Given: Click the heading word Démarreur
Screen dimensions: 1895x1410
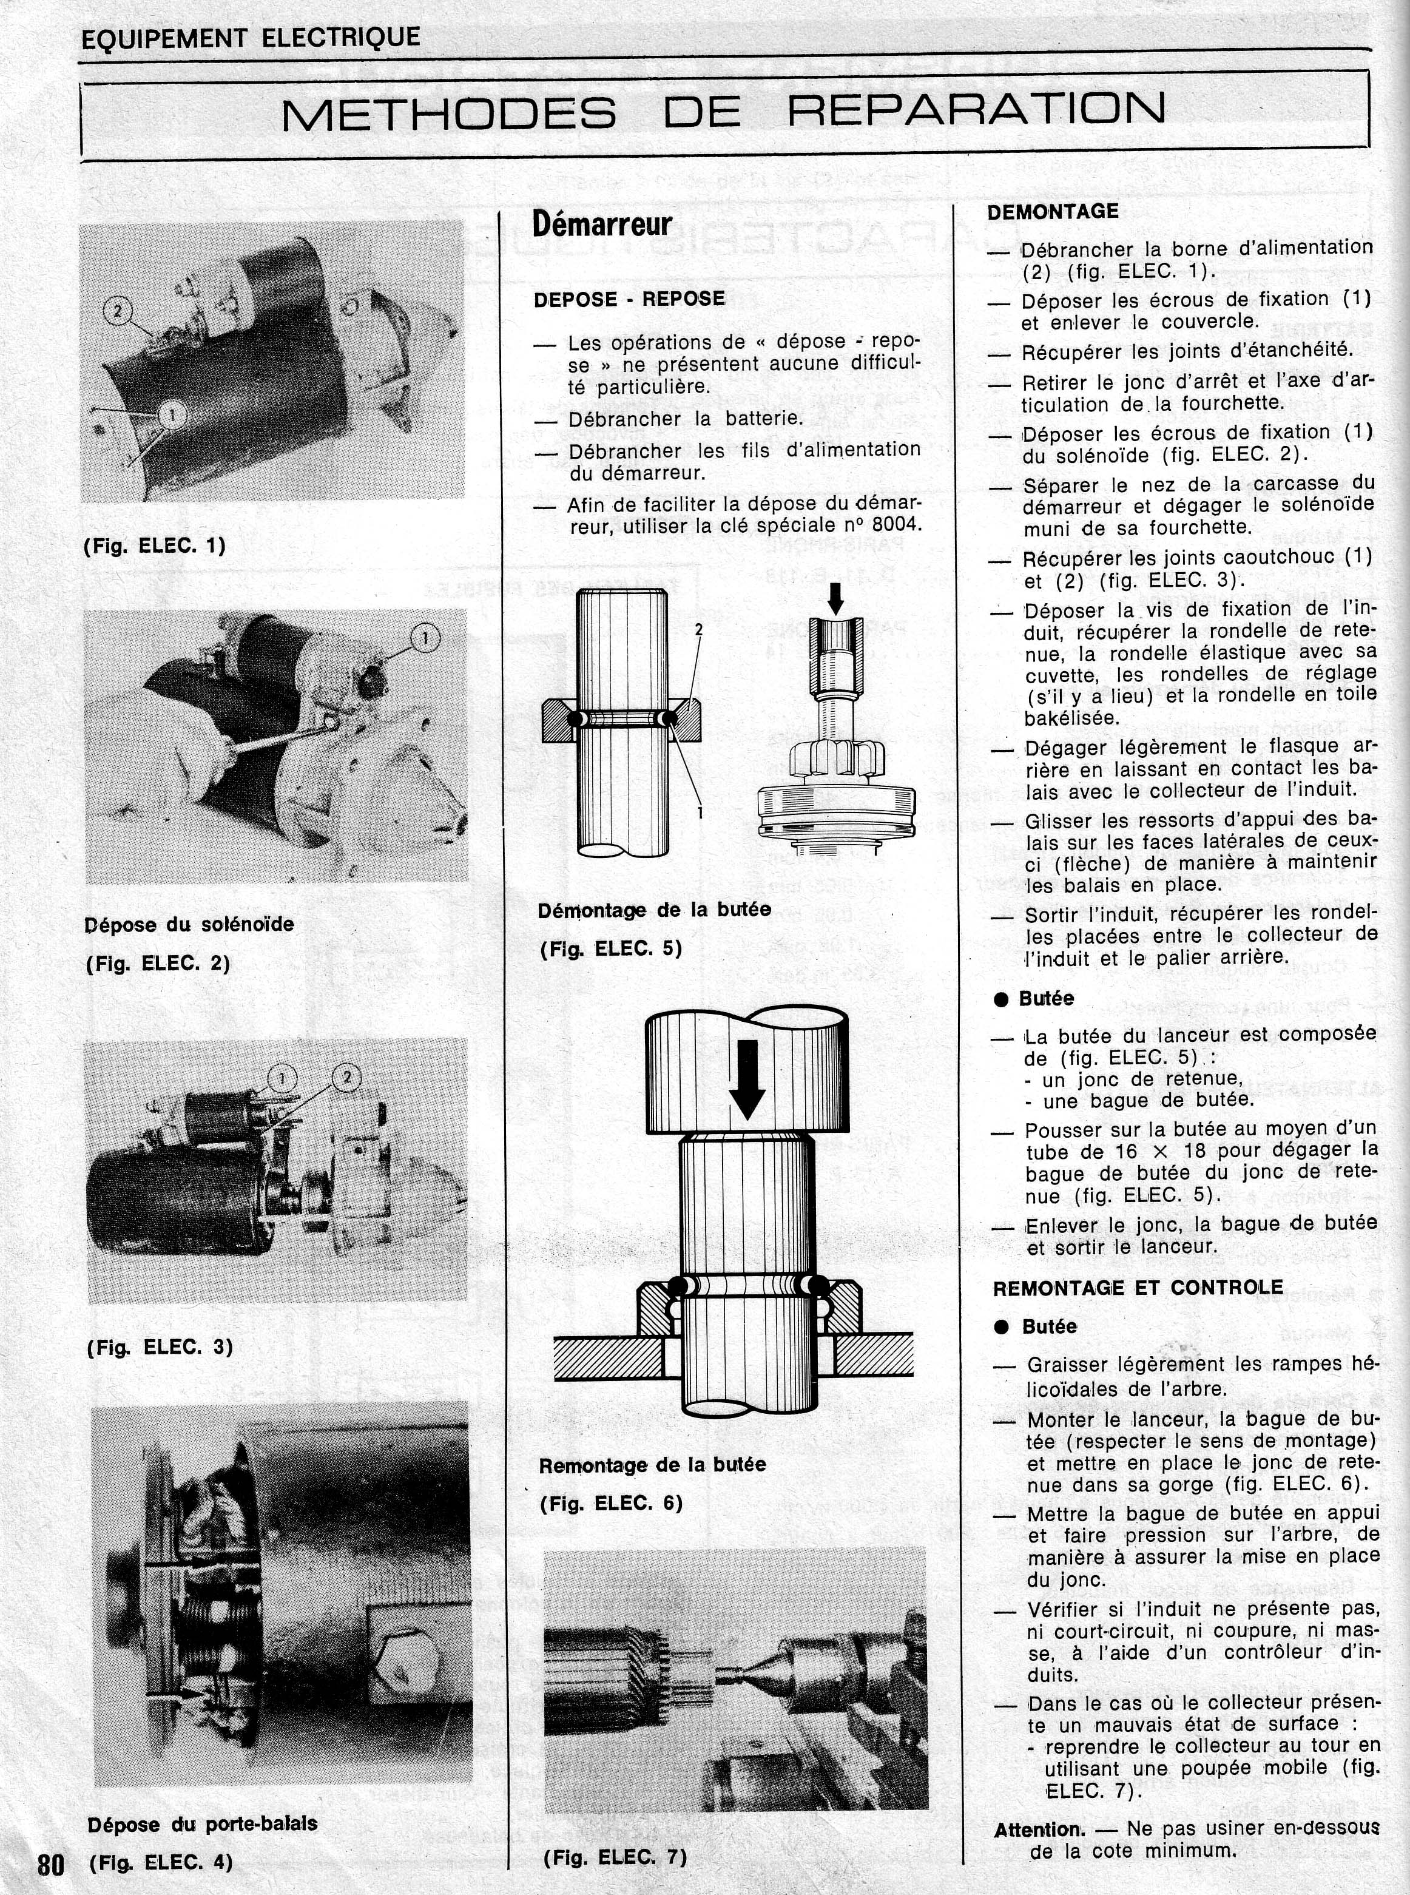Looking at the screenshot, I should (x=602, y=225).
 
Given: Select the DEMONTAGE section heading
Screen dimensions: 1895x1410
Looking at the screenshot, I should (x=1053, y=212).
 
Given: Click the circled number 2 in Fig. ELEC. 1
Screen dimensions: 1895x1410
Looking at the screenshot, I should (x=120, y=309).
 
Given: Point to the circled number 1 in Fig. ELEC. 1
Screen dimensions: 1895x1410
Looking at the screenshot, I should (x=172, y=416).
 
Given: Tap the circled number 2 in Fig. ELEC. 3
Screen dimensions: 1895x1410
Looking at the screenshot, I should (x=346, y=1077).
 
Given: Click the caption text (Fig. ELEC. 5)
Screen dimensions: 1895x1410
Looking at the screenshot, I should (x=610, y=948).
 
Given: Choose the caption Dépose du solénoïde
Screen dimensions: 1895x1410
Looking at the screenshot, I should (x=189, y=925).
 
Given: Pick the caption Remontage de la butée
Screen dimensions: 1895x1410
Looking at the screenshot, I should (x=652, y=1465).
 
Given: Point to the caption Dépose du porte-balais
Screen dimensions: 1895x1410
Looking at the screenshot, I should (x=201, y=1823).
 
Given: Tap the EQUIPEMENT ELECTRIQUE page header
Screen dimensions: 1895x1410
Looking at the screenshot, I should (x=250, y=38).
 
